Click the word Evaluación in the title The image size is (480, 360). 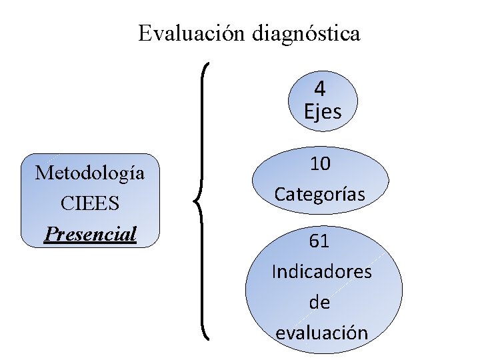click(193, 33)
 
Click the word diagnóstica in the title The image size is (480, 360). click(306, 33)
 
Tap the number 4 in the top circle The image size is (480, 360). click(320, 89)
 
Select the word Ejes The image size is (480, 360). click(323, 112)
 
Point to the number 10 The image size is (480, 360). click(321, 164)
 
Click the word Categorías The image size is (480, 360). click(320, 195)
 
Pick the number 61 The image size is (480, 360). click(319, 241)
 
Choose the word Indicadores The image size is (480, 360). click(322, 272)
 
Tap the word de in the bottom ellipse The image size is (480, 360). click(320, 302)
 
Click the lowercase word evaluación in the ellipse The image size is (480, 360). click(321, 332)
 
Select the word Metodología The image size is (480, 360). click(90, 173)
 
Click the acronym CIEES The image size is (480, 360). click(90, 203)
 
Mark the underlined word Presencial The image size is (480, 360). click(90, 233)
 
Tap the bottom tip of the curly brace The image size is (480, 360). click(209, 338)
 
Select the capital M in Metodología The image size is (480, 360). click(44, 173)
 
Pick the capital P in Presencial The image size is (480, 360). click(49, 233)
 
